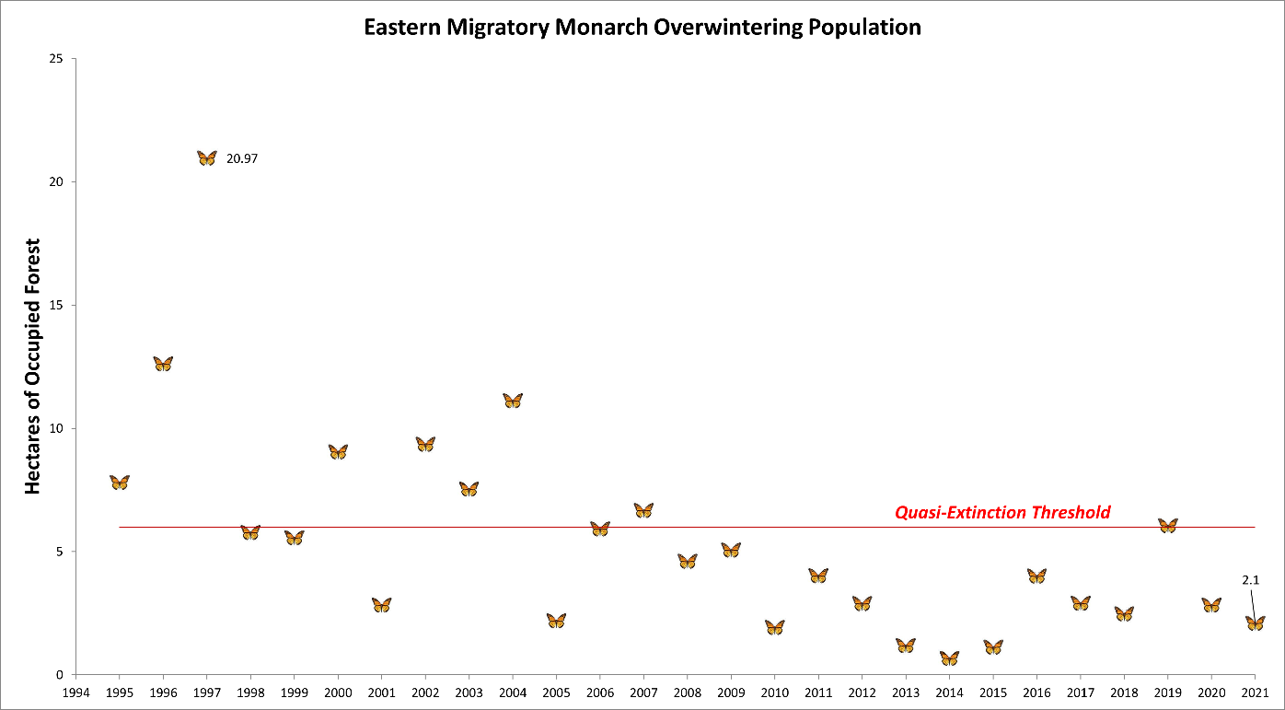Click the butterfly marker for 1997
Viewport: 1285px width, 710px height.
point(206,158)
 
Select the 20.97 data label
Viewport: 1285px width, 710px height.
point(242,158)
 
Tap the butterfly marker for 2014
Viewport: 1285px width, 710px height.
point(949,658)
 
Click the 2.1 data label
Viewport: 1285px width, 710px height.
point(1249,580)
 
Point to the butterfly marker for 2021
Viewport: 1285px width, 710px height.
point(1255,623)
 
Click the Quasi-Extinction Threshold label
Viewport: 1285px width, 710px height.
point(1002,512)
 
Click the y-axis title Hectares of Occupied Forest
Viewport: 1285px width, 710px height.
point(33,367)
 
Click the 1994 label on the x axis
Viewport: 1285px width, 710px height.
point(75,692)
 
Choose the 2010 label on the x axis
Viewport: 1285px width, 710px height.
point(774,692)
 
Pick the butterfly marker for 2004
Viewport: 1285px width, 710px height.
point(513,401)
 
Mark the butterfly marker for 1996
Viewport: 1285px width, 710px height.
point(163,364)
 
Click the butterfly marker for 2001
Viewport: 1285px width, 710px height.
point(381,605)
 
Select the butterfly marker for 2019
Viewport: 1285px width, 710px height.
point(1167,526)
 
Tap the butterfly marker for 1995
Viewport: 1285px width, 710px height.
point(120,483)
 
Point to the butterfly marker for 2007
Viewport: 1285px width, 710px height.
point(643,510)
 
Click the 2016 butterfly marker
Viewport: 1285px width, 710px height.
point(1036,576)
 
